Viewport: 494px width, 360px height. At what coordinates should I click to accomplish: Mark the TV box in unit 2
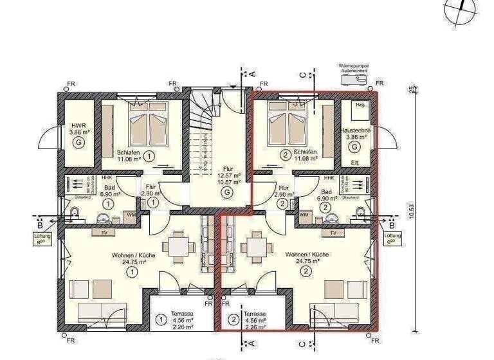pos(333,233)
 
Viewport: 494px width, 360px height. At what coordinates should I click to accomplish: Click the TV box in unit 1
pos(104,233)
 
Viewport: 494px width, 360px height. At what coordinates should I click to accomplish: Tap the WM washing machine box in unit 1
pos(131,213)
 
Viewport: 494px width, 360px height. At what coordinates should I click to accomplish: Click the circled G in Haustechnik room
pos(354,147)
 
